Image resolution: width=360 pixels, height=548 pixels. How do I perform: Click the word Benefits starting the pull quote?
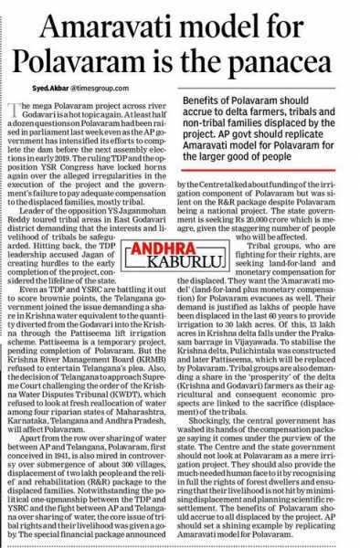pyautogui.click(x=205, y=96)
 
